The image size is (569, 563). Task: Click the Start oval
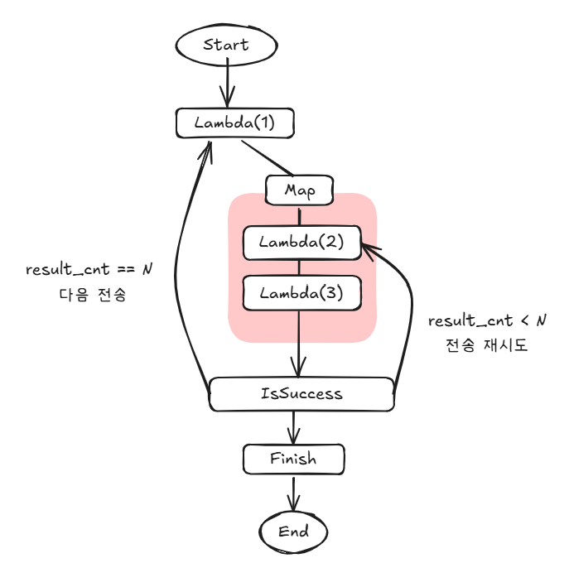(x=226, y=44)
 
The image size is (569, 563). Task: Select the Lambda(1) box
(x=235, y=123)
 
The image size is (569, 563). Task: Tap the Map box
(x=299, y=190)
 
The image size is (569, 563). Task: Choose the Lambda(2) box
(x=301, y=243)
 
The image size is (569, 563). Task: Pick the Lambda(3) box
(x=301, y=292)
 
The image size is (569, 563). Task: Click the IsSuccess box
(x=301, y=393)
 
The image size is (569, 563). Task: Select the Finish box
(x=293, y=458)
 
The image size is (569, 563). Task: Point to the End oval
(x=293, y=531)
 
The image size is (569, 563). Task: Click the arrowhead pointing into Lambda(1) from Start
(x=227, y=102)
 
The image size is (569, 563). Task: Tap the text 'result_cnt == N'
(x=90, y=271)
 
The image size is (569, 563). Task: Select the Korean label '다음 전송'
(x=91, y=295)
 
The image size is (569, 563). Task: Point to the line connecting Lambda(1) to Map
(x=267, y=158)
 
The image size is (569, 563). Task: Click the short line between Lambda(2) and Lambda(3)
(x=300, y=267)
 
